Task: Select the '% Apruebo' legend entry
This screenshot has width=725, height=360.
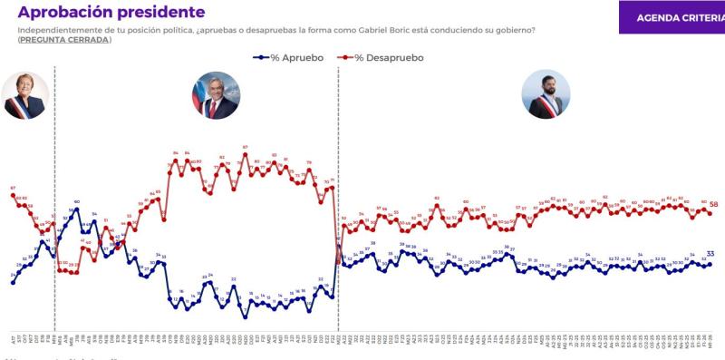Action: pos(289,57)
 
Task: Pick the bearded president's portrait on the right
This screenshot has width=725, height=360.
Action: pos(546,94)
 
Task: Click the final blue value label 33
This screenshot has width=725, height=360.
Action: pos(711,254)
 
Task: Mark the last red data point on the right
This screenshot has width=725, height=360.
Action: pos(709,213)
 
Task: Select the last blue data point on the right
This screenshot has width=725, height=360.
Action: pos(709,263)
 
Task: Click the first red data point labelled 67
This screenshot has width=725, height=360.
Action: pos(13,195)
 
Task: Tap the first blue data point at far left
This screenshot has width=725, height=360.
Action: pos(13,282)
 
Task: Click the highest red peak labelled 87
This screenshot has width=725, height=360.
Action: pos(245,152)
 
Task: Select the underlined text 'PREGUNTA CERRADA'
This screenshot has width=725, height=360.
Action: pos(63,40)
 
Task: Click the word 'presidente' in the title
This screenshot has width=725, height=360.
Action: pos(161,14)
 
